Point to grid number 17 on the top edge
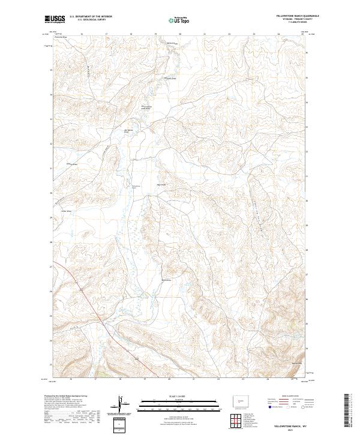tap(106, 34)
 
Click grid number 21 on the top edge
tap(205, 34)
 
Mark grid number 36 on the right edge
tap(307, 53)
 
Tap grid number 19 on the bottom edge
tap(145, 380)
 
